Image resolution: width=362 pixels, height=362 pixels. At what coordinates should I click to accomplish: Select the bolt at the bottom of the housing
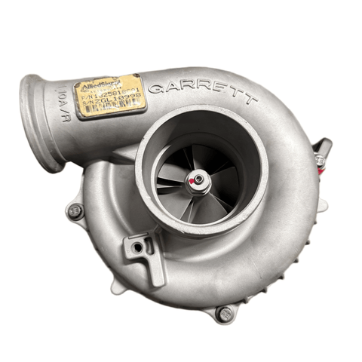pos(224,313)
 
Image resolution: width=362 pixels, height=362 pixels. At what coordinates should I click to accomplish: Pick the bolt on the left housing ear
pos(75,212)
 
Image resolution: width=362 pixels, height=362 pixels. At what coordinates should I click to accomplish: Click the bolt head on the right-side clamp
pos(321,160)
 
